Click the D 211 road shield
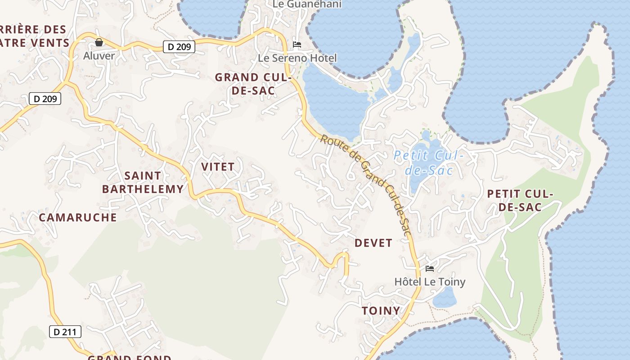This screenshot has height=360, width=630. tap(65, 332)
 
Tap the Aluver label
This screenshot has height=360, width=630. tap(99, 56)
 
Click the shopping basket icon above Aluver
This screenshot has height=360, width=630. tap(99, 42)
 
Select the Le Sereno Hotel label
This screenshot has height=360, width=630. tap(297, 58)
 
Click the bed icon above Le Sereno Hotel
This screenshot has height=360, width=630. tap(297, 45)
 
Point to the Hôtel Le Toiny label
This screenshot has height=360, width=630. tap(430, 282)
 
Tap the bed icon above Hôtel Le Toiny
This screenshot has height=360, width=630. tap(430, 269)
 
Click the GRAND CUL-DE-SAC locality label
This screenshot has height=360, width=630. tap(253, 84)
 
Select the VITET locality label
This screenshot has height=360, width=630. tap(218, 166)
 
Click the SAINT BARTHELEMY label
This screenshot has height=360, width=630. tap(143, 182)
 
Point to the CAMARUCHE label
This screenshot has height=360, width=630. tap(78, 217)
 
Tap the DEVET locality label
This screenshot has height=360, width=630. tap(373, 243)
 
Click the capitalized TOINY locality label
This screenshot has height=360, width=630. tap(381, 310)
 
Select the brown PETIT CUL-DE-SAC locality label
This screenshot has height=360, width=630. tap(520, 201)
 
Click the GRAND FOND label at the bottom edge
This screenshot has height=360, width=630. tap(130, 357)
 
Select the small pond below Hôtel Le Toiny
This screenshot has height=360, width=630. tap(445, 297)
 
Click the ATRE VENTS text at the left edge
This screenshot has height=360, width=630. tap(35, 43)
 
